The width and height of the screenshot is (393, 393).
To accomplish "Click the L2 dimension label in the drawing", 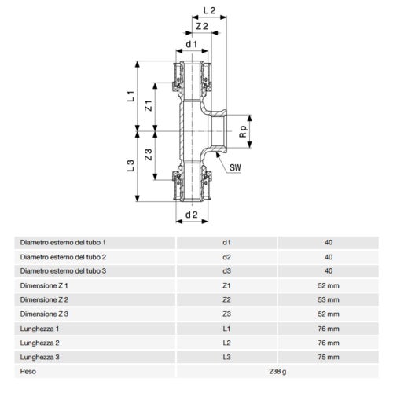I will click(208, 10).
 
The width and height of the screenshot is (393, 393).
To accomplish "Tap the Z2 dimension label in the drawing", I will click(201, 27).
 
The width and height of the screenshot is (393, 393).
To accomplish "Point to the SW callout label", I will click(235, 167).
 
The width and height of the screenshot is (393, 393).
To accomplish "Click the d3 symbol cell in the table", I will click(227, 271).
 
